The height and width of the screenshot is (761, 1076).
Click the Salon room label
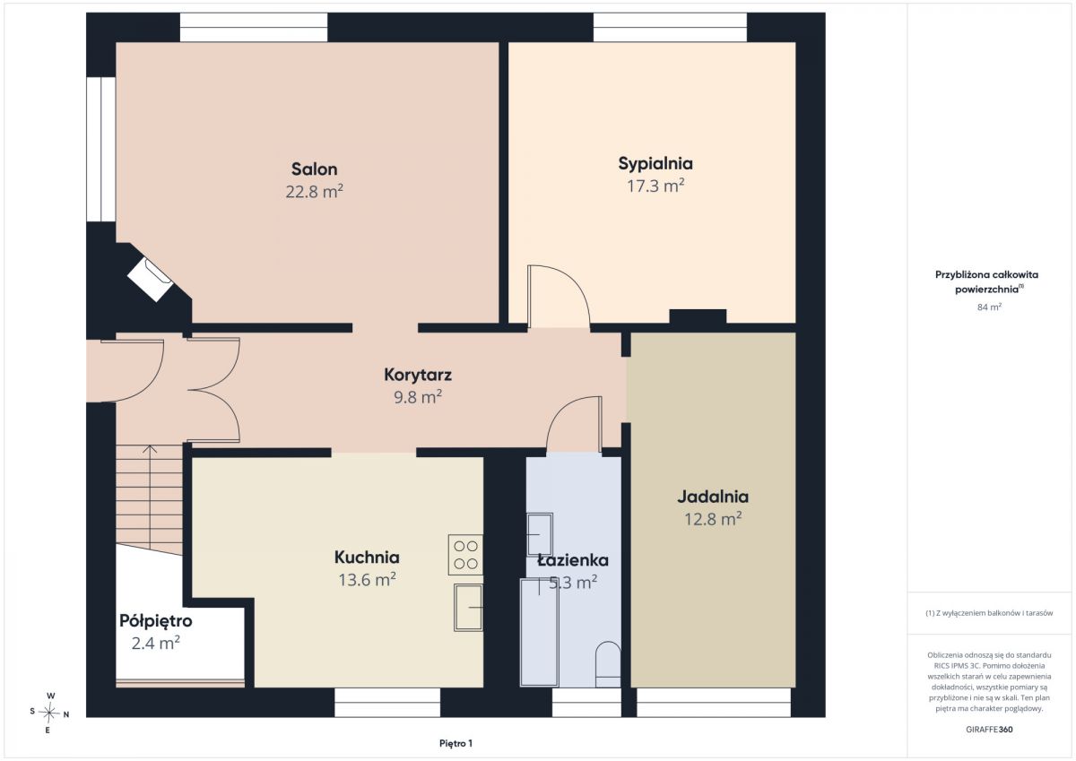(314, 169)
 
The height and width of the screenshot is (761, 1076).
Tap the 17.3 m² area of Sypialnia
(655, 186)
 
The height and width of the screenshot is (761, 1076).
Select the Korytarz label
(418, 375)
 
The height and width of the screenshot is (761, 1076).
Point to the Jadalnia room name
(713, 497)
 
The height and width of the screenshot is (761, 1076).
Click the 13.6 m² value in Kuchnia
(367, 580)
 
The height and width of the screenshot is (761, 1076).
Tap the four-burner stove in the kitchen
(465, 555)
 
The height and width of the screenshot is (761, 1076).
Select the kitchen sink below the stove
(468, 608)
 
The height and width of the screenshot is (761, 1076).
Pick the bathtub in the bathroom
(539, 632)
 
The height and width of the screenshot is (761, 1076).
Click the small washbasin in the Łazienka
(540, 534)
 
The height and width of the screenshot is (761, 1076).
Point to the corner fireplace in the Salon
(151, 280)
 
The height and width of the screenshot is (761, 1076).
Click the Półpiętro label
(156, 620)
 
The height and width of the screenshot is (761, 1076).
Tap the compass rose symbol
(49, 713)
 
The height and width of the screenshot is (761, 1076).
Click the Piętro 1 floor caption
(456, 743)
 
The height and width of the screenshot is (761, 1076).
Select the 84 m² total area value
(989, 307)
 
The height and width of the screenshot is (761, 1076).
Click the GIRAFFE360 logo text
(989, 730)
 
